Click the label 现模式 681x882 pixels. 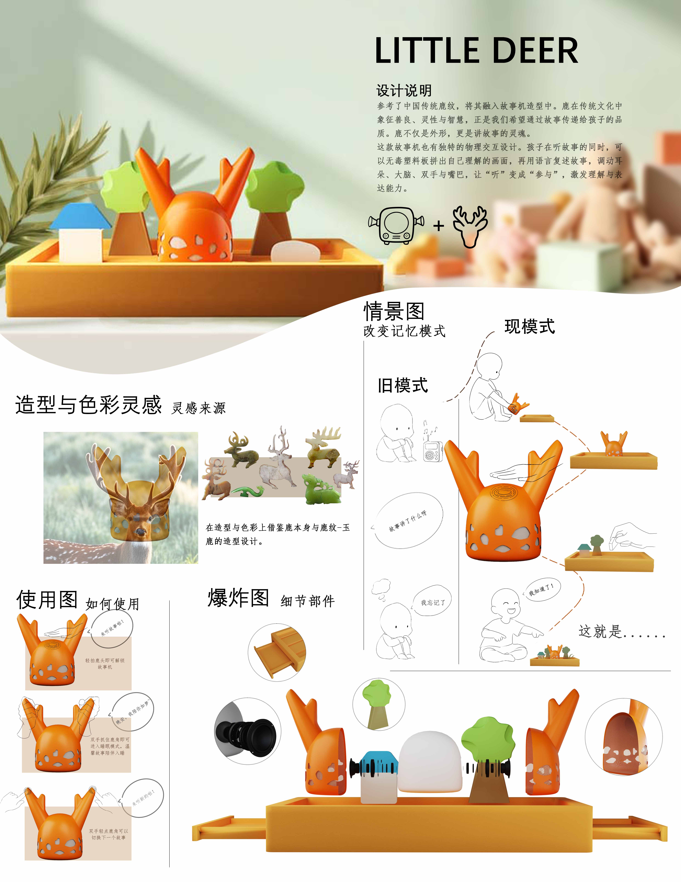tap(530, 326)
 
